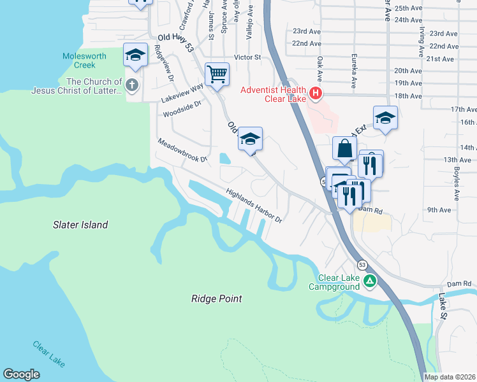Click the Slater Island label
pos(80,225)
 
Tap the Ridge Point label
pos(216,298)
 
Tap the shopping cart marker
pos(217,74)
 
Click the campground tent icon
pos(369,281)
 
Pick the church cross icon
pos(132,85)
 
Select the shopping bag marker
pos(344,149)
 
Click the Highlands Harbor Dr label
pos(253,204)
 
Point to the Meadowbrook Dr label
pos(182,150)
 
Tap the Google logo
pos(21,374)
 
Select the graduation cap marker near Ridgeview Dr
pos(135,55)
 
